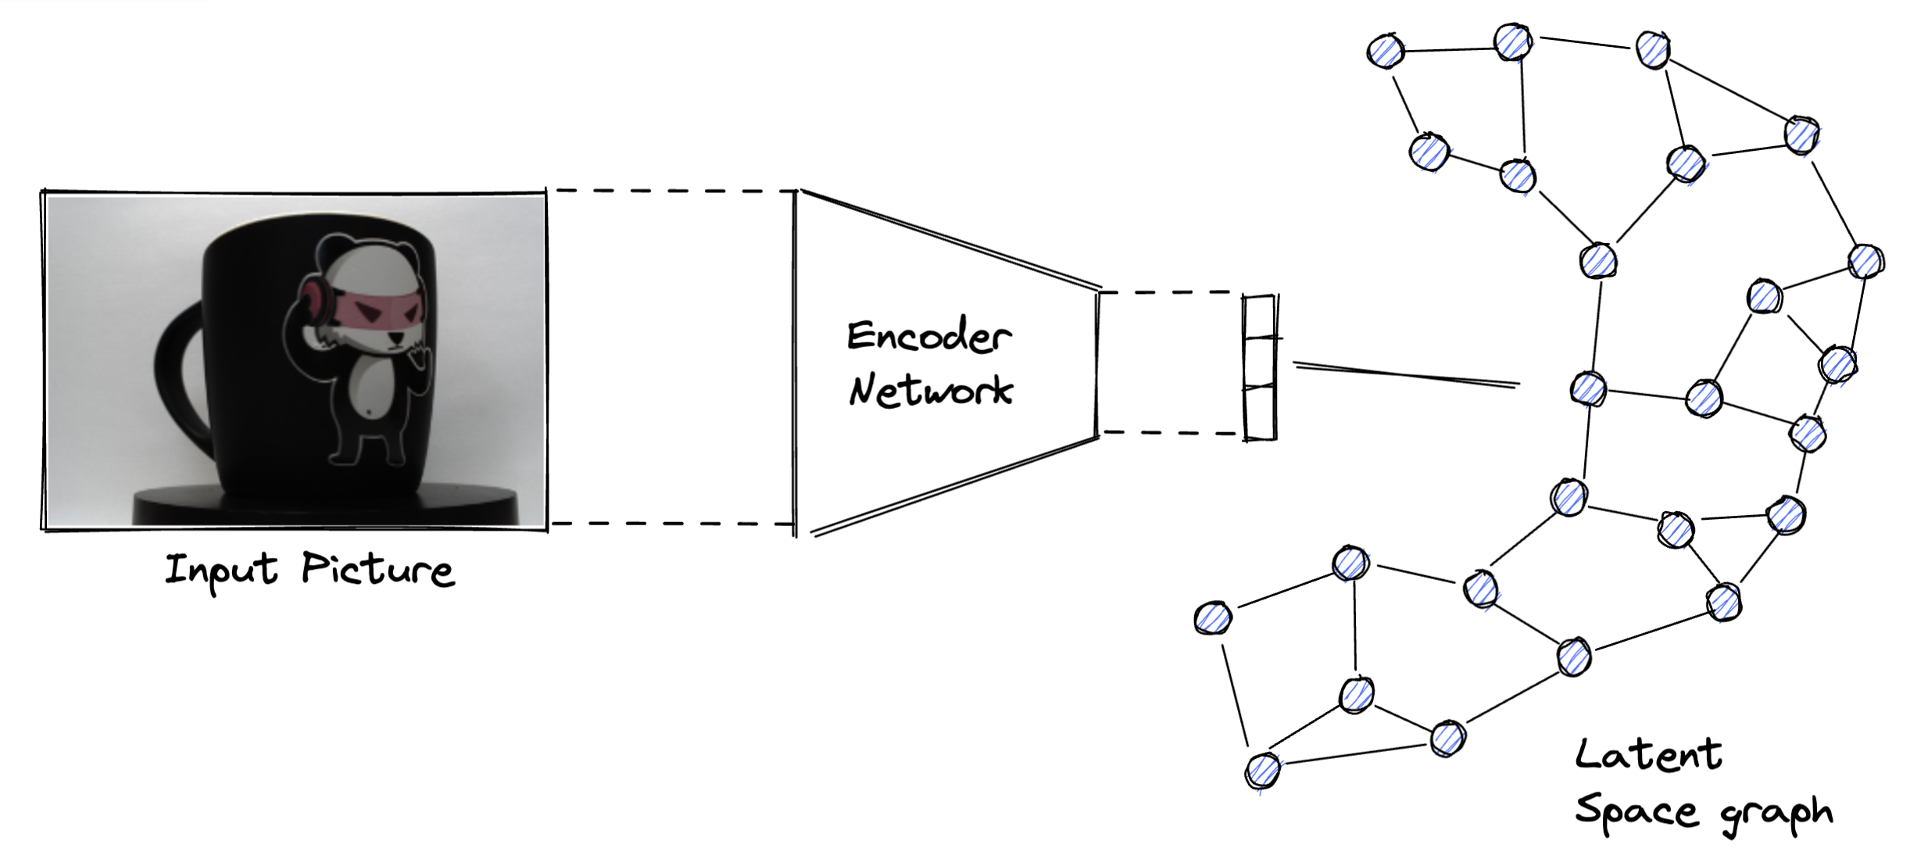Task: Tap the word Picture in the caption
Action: tap(378, 569)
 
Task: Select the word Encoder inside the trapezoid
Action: tap(929, 335)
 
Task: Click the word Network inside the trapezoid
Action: tap(931, 389)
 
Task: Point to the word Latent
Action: tap(1648, 755)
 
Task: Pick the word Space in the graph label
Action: tap(1636, 811)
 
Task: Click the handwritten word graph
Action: tap(1777, 815)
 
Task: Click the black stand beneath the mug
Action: tap(326, 506)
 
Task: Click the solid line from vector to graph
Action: tap(1407, 374)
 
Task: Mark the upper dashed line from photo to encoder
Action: tap(672, 190)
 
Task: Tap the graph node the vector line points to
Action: tap(1588, 389)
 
